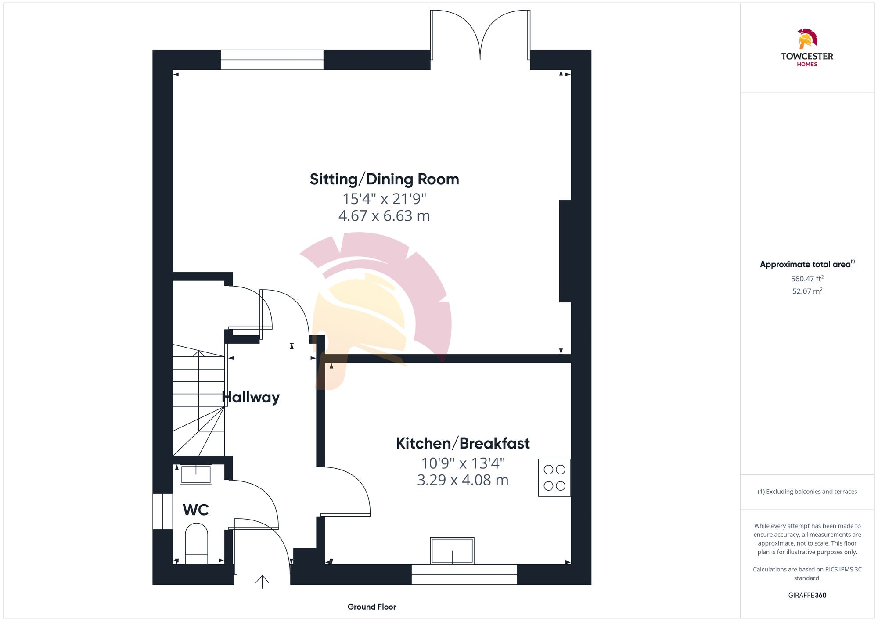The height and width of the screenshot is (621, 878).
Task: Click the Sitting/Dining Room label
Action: [384, 179]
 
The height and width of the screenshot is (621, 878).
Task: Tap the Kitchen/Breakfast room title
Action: [463, 444]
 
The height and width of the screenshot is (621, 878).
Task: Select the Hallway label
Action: [251, 397]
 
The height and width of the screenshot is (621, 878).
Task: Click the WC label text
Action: [195, 510]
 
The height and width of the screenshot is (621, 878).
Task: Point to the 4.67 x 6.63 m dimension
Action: [384, 216]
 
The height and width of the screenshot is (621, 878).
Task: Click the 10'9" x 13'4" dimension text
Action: [463, 463]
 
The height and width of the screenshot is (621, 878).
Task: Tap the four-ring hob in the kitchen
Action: [554, 477]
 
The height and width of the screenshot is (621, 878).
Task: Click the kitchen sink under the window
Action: [452, 551]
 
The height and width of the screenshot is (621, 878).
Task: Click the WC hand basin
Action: [196, 475]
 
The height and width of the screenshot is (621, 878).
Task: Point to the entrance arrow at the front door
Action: [262, 582]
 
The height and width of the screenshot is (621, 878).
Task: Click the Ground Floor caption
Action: [371, 607]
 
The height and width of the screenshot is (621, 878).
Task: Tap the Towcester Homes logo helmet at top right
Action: [807, 39]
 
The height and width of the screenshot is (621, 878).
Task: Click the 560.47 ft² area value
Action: [807, 279]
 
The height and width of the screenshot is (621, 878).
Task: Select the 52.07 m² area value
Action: [807, 291]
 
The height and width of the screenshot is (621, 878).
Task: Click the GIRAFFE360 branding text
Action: [807, 596]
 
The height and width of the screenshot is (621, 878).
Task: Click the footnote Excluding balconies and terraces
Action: [807, 492]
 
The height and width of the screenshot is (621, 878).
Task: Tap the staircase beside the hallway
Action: [198, 399]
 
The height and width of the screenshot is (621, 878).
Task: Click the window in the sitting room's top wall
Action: [272, 60]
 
